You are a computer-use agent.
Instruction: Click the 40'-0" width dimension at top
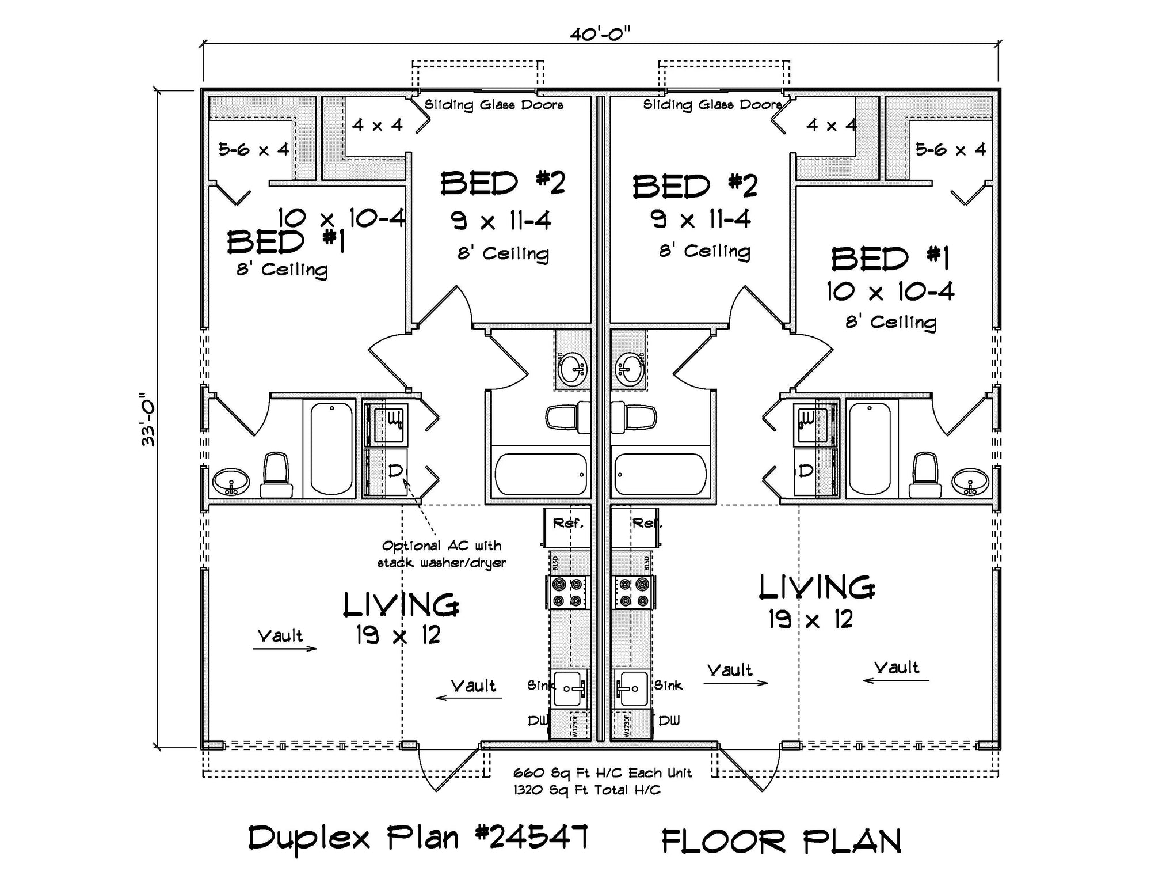[600, 35]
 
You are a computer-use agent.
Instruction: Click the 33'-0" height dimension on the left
[148, 419]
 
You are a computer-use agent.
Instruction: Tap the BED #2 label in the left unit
[502, 184]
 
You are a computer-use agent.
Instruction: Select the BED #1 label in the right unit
[890, 259]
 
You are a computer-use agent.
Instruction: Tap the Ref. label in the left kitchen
[568, 523]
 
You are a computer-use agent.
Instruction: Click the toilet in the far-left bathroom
[275, 475]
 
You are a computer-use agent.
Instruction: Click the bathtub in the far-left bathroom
[331, 448]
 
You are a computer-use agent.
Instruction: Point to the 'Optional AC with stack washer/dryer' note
[441, 554]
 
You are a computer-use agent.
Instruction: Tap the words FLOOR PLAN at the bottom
[781, 841]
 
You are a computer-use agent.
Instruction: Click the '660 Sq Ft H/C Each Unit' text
[602, 773]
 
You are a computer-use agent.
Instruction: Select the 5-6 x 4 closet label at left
[253, 150]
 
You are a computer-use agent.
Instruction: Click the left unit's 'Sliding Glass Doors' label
[494, 105]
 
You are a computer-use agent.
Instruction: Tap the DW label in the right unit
[669, 721]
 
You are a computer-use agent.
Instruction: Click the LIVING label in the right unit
[817, 588]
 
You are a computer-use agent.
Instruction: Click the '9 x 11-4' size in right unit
[700, 219]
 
